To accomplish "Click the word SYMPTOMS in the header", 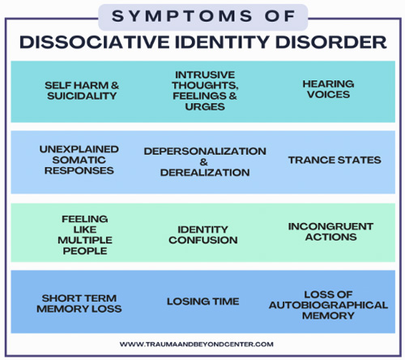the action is point(182,16).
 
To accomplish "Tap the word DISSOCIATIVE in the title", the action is point(95,42).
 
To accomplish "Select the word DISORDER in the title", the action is point(331,42).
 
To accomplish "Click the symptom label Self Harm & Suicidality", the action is point(82,91).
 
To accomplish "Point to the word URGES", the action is point(205,106).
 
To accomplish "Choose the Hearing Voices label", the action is point(328,89).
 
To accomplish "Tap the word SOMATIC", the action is point(79,160).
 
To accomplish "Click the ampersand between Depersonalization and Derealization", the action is point(204,162).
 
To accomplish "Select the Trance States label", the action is point(335,160).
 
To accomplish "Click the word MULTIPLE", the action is point(85,240).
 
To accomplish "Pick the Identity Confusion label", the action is point(203,234).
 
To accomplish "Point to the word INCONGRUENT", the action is point(331,226).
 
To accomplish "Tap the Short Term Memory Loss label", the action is point(79,303).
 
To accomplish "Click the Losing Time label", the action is point(203,302).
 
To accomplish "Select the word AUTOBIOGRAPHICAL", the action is point(328,305).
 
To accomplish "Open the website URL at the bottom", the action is point(197,345).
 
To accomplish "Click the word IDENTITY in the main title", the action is point(223,42).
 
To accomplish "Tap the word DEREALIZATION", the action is point(205,173).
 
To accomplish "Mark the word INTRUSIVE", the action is point(205,75).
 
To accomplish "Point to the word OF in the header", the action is point(279,16).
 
